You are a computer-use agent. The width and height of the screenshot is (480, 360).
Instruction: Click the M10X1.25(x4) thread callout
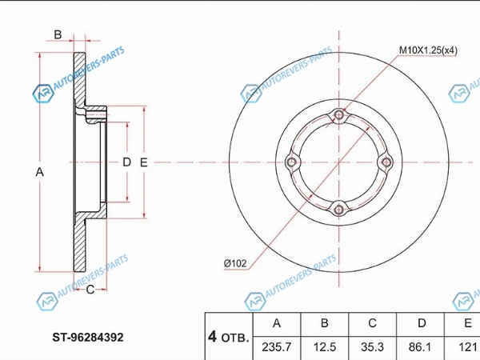(x=428, y=50)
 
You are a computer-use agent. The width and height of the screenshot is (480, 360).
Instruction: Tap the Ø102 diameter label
(x=234, y=263)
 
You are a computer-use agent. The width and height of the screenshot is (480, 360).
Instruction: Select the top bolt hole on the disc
(x=338, y=115)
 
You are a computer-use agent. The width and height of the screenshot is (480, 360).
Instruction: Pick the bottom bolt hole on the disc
(x=338, y=210)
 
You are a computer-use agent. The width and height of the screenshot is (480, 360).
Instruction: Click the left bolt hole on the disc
(x=291, y=162)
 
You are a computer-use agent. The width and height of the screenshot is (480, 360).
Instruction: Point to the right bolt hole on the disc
(x=386, y=162)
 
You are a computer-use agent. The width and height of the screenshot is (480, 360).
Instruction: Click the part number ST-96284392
(x=88, y=338)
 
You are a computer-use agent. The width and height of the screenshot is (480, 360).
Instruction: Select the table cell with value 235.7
(x=277, y=347)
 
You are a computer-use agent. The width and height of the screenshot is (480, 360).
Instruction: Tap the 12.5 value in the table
(x=325, y=347)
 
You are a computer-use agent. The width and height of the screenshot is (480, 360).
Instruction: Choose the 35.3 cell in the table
(x=372, y=347)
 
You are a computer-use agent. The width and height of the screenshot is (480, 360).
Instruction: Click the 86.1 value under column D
(x=420, y=347)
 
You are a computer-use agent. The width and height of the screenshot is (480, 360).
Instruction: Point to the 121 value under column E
(x=467, y=347)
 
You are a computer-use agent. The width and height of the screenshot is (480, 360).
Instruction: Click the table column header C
(x=372, y=323)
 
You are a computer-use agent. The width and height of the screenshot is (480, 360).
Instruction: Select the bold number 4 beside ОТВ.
(x=212, y=337)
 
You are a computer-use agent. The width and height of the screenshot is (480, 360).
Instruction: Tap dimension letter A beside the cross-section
(x=39, y=172)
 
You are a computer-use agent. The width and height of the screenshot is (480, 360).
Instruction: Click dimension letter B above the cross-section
(x=58, y=34)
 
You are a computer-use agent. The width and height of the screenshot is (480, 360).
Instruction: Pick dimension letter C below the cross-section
(x=90, y=290)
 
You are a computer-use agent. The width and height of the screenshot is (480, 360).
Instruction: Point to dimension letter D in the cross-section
(x=126, y=162)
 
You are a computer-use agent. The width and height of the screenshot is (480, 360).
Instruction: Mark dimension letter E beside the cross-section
(x=143, y=162)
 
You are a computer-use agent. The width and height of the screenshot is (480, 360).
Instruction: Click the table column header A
(x=277, y=323)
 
